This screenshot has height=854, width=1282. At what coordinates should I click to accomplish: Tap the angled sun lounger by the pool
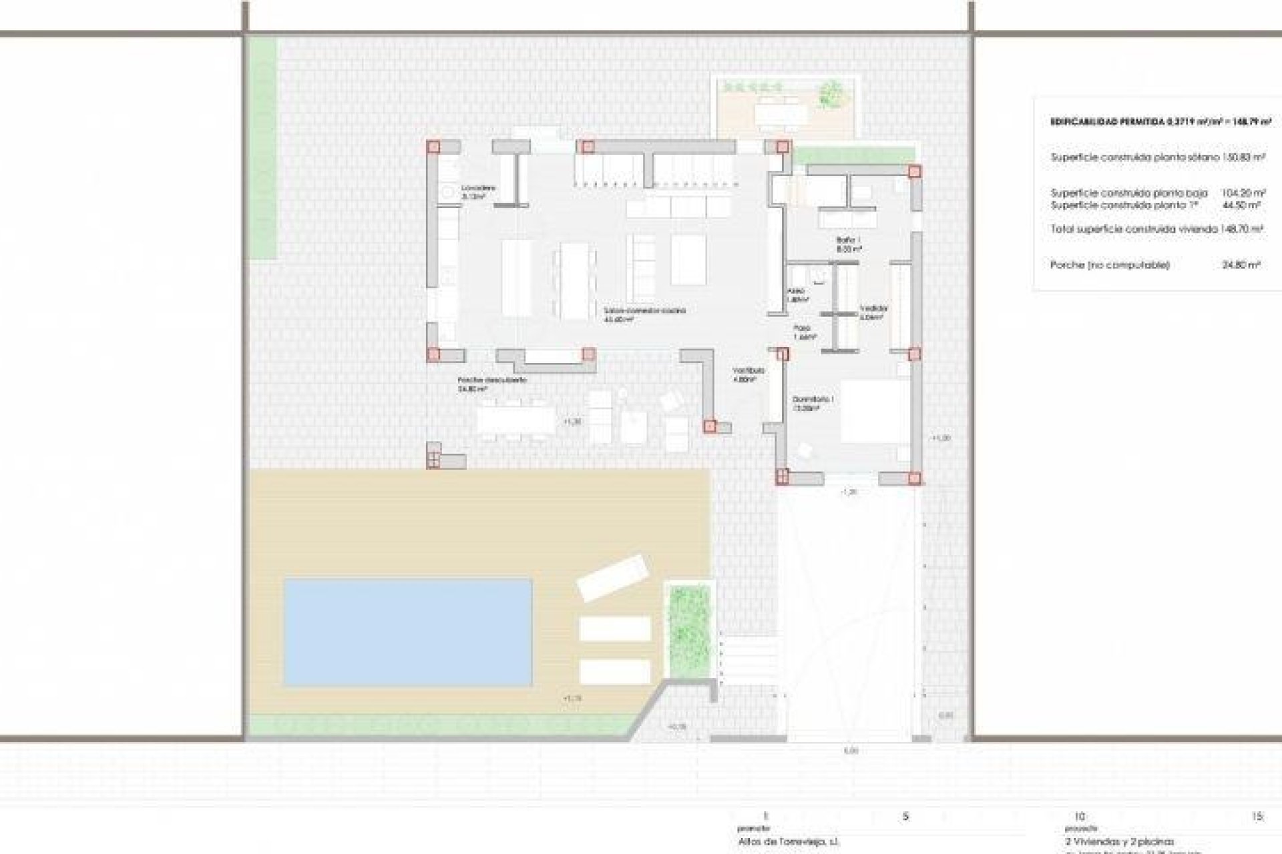[613, 577]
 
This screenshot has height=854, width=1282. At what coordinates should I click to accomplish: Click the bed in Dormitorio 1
[873, 411]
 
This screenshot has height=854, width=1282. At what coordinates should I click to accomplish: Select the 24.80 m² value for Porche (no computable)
[1241, 265]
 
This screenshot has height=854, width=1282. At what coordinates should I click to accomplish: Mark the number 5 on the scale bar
[905, 817]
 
